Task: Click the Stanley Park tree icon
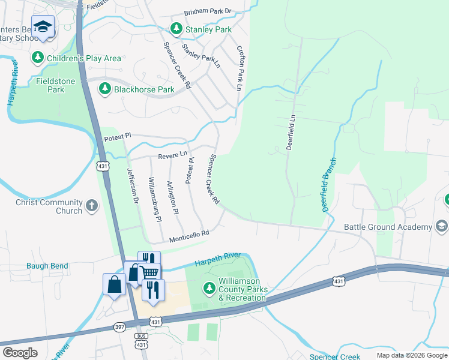176,29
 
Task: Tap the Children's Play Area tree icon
38,58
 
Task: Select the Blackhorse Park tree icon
105,89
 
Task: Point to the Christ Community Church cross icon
92,206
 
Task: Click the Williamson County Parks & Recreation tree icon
209,289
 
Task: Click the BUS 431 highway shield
142,341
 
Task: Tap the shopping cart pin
151,272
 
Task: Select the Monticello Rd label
188,236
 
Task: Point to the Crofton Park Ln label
240,68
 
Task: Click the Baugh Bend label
47,266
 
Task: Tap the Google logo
20,353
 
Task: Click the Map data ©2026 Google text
411,355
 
